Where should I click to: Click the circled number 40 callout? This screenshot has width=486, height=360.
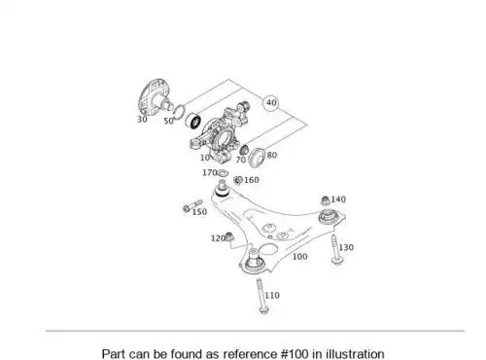271,103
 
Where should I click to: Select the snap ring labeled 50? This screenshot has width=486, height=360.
179,111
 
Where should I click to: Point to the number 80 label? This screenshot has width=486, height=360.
272,155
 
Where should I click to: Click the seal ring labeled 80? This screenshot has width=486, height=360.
257,158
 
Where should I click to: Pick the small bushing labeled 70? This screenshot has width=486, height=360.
244,150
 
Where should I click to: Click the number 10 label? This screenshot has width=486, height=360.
205,158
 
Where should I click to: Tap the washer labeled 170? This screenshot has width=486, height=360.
223,173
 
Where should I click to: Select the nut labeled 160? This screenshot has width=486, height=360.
238,180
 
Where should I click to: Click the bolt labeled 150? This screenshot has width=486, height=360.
192,206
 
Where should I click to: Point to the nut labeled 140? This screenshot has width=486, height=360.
325,200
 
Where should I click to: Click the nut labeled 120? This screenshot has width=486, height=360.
229,236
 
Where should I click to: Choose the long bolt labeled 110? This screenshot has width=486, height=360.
261,296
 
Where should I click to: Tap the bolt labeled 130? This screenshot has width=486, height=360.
335,250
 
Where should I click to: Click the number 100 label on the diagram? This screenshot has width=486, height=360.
299,257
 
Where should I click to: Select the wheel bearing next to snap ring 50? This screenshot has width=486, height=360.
192,121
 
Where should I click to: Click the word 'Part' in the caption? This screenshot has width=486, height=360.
114,353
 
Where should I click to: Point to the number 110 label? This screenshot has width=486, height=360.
272,296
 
